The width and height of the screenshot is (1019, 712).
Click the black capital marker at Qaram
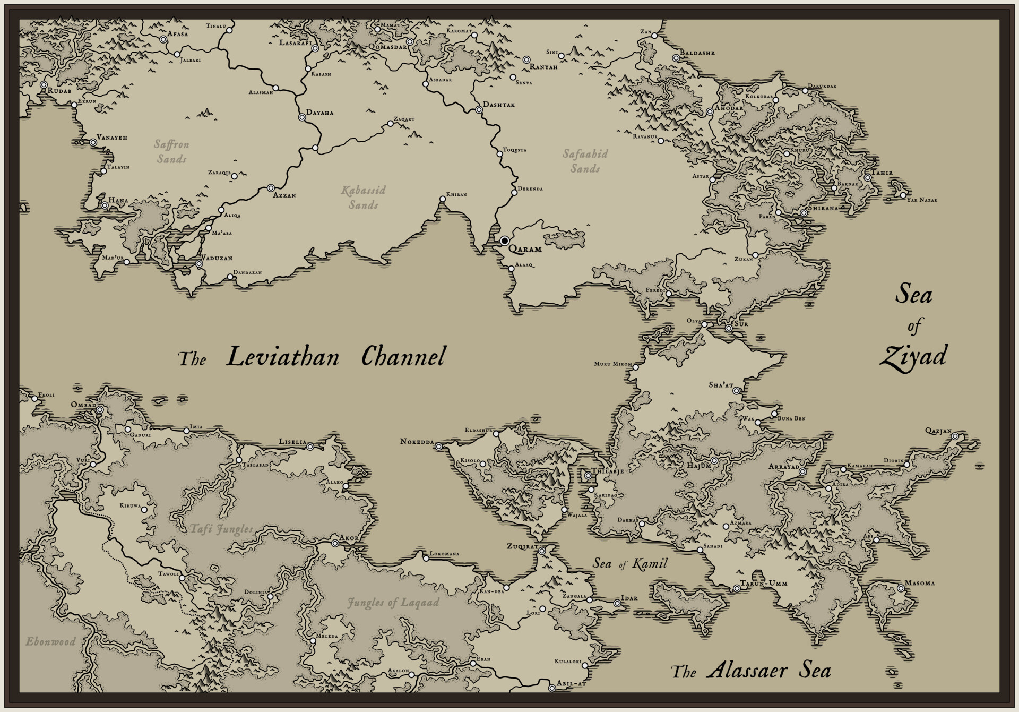click(x=505, y=241)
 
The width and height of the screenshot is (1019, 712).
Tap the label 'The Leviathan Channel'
click(x=312, y=357)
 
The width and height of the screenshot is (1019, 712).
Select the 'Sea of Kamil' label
click(x=629, y=564)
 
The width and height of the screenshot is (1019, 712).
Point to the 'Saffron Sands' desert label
click(x=171, y=151)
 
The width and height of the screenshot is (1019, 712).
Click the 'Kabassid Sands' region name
click(x=364, y=197)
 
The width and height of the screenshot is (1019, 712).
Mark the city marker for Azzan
click(x=271, y=188)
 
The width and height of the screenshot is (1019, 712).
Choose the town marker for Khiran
click(x=442, y=200)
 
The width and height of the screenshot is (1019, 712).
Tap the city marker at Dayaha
click(x=302, y=118)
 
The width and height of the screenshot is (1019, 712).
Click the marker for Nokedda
click(x=439, y=447)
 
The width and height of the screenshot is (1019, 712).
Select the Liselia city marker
click(x=310, y=447)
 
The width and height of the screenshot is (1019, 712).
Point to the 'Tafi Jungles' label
click(x=221, y=529)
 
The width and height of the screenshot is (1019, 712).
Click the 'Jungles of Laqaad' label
click(x=393, y=603)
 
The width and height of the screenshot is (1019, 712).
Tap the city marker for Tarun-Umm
click(x=737, y=588)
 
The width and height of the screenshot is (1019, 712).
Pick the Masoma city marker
click(x=901, y=588)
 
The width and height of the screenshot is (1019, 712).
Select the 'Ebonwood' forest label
click(x=51, y=641)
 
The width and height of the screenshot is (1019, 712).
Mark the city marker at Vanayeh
click(x=93, y=142)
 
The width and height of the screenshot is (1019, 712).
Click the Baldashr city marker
click(x=676, y=58)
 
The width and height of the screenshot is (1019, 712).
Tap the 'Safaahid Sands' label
click(x=585, y=161)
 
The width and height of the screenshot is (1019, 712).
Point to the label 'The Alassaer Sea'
click(x=751, y=672)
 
